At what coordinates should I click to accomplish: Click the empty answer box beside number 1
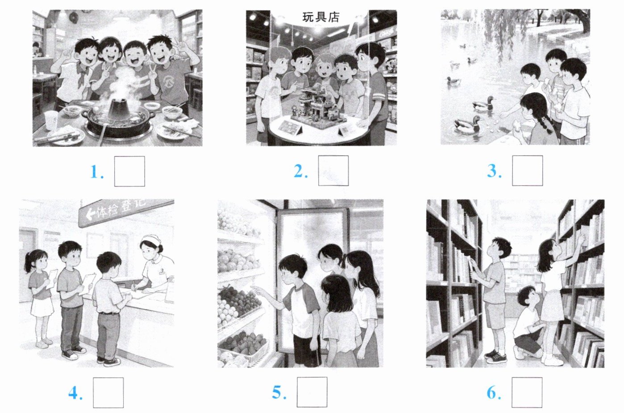coord(129,171)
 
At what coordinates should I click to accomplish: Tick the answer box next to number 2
coord(333,171)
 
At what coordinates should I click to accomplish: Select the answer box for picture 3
coord(527,171)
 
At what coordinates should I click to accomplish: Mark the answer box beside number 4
coord(108,392)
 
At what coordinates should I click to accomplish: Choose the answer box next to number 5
coord(312,392)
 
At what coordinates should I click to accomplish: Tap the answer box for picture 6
coord(527,392)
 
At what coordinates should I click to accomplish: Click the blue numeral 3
coord(494,171)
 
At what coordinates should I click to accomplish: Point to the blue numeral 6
coord(494,393)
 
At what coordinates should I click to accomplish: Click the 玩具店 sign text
coord(321,17)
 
